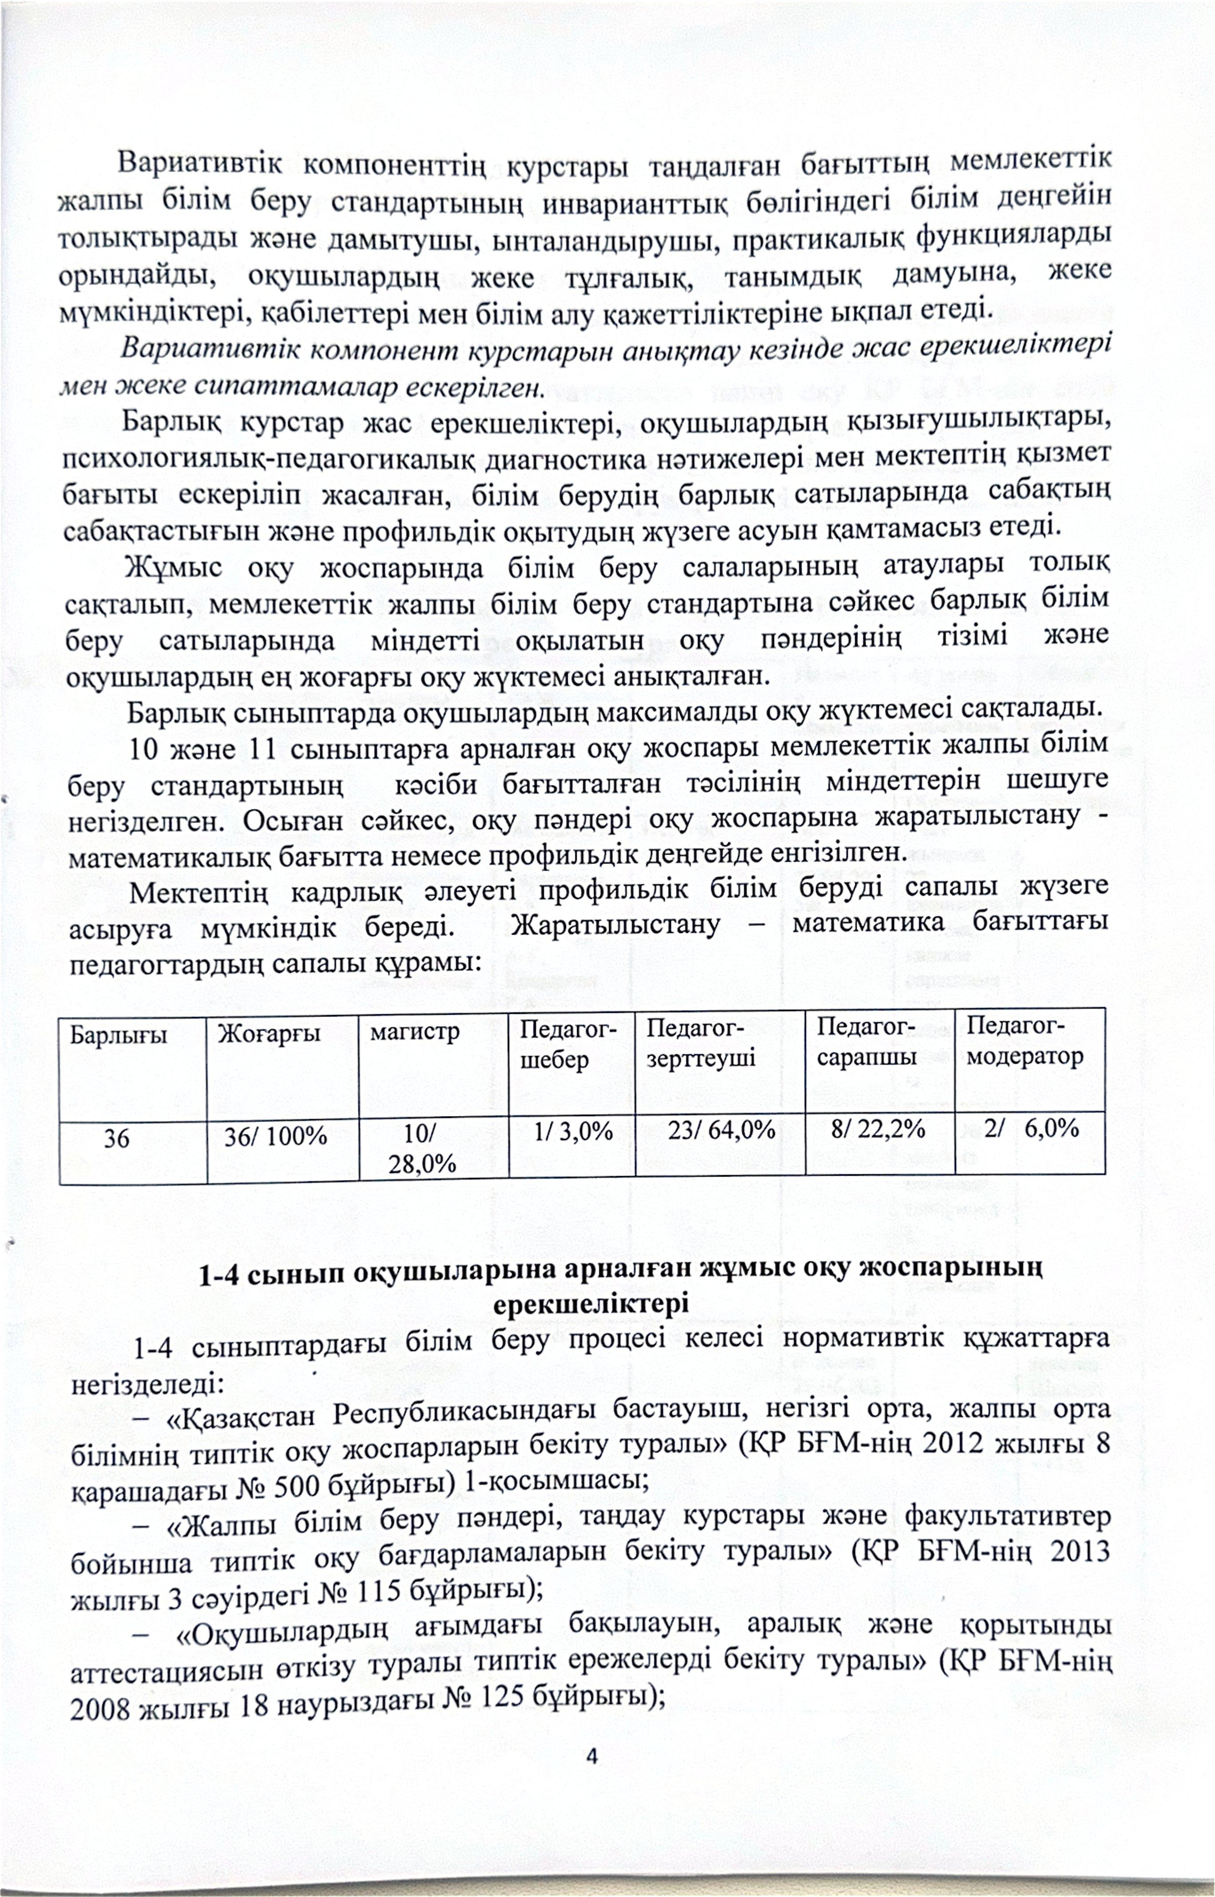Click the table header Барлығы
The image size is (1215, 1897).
tap(118, 1034)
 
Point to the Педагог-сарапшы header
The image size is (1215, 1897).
tap(866, 1041)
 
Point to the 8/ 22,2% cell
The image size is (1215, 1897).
tap(877, 1129)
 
